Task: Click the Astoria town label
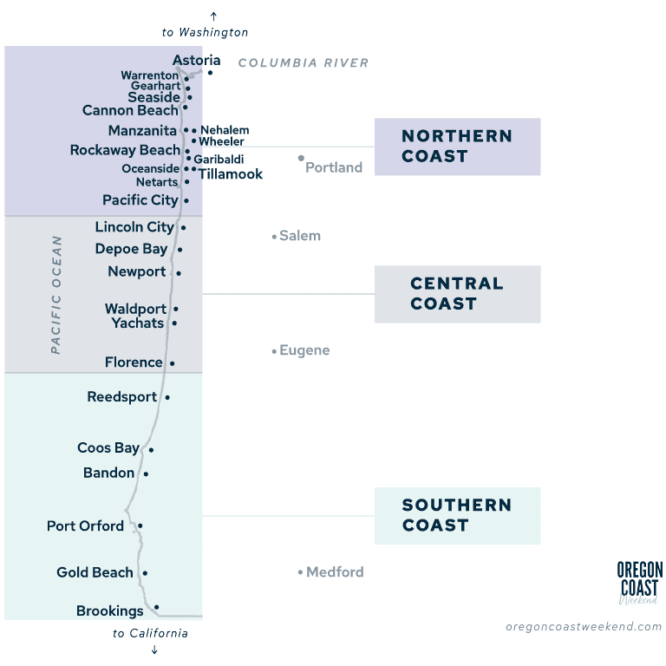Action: [196, 61]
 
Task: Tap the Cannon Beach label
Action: [130, 110]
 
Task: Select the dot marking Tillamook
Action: [194, 169]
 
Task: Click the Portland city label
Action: [334, 167]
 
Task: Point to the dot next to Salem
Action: [274, 236]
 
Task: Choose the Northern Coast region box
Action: [457, 147]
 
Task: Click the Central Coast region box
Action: [457, 294]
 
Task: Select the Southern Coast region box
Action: [457, 515]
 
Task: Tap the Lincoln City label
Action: [134, 227]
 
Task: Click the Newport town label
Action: [137, 271]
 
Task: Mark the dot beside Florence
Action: [172, 363]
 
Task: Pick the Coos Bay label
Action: [108, 448]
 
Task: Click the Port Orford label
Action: [85, 526]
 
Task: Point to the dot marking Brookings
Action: [157, 607]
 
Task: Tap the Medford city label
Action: [335, 572]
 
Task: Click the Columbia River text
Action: [304, 62]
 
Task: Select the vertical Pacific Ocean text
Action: [56, 295]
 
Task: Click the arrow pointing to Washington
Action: [213, 16]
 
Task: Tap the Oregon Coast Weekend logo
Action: [639, 582]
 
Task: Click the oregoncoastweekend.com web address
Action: [584, 626]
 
